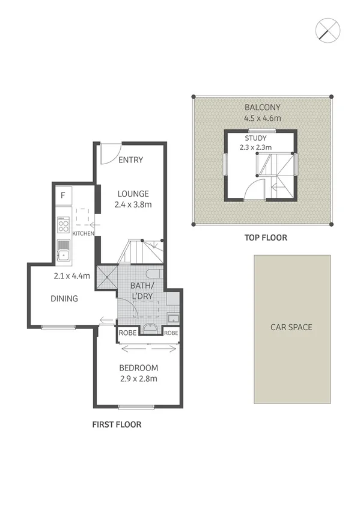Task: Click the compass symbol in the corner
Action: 328,30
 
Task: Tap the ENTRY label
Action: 130,160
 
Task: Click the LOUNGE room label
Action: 133,194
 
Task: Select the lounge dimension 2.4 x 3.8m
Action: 133,204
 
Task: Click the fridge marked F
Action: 63,195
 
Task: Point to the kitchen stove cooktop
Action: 63,225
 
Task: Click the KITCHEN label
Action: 84,233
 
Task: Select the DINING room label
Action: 64,298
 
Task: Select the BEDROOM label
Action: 138,368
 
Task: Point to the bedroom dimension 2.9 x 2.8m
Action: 138,379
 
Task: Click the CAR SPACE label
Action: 291,327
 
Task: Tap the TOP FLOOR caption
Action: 266,238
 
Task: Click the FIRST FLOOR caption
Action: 117,425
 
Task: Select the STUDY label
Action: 256,137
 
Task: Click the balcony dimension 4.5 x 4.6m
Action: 263,118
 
